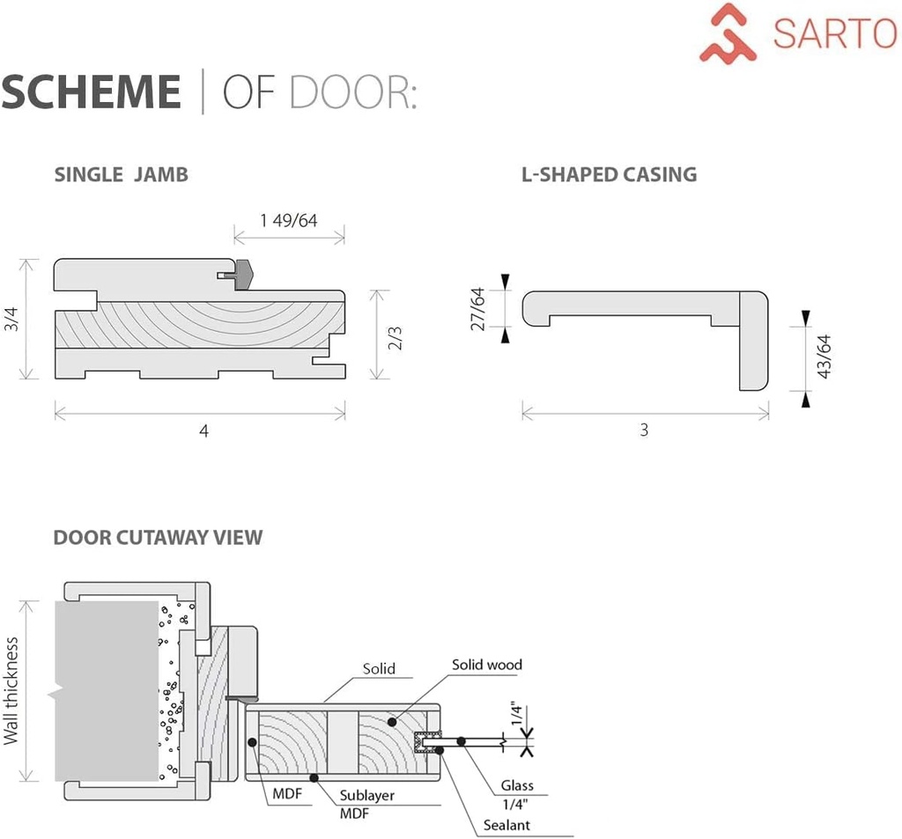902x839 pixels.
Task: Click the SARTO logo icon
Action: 729,33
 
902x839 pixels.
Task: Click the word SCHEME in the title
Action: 91,93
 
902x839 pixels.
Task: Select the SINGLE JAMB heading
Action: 121,174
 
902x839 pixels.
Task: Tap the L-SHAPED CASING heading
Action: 609,174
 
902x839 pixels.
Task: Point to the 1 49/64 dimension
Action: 288,220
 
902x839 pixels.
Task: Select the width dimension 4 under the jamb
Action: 203,431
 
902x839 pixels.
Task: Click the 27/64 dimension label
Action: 477,309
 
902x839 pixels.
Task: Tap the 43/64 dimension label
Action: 824,357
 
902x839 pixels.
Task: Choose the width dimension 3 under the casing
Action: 644,431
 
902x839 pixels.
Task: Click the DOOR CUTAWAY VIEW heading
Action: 158,537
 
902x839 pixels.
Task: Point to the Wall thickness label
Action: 11,691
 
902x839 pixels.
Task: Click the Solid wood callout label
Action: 487,665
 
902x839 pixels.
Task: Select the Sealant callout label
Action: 506,825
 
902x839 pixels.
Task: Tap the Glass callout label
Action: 517,785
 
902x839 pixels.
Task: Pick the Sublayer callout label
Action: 367,795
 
